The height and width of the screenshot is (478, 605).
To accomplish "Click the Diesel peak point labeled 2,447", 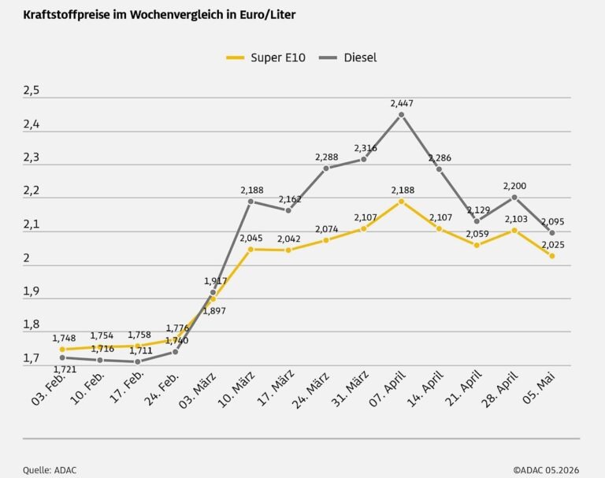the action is [401, 115].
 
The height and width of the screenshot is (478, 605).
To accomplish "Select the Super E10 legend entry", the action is [265, 57].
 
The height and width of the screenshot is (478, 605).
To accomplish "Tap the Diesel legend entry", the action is [348, 57].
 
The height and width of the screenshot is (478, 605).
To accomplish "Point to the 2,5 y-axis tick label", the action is [32, 91].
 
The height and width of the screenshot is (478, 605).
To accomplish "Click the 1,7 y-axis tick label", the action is [32, 358].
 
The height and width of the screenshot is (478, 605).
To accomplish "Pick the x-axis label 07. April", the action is [388, 388].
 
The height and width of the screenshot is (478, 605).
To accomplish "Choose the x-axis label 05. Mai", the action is [539, 387].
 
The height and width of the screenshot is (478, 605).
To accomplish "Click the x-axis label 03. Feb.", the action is [48, 389].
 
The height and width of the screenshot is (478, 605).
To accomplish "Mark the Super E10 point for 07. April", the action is [401, 201].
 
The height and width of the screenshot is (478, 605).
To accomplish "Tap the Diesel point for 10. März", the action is [251, 202].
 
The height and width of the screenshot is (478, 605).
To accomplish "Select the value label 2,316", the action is [366, 148].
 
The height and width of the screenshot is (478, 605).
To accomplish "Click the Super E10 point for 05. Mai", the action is [552, 256].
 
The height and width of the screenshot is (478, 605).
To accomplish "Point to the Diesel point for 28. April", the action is [514, 198].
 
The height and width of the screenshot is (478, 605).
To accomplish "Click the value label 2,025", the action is [553, 245].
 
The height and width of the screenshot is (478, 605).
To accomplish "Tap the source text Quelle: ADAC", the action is [50, 470].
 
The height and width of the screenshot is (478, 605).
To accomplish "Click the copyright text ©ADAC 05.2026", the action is [546, 470].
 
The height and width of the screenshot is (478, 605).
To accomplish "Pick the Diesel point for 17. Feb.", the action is [137, 361].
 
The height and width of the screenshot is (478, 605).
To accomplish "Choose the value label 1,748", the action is [64, 339].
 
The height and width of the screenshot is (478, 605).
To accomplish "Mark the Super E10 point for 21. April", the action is [477, 245].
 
